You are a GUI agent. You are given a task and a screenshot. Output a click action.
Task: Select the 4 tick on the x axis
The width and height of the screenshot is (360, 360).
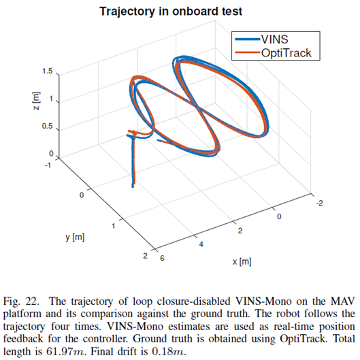point(201,244)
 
